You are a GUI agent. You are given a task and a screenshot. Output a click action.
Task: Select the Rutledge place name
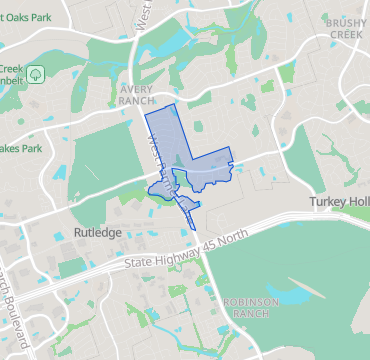pyautogui.click(x=97, y=232)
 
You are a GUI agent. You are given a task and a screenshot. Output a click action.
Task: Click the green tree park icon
pyautogui.click(x=36, y=74)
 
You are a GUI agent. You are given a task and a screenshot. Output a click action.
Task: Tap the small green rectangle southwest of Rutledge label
pyautogui.click(x=71, y=268)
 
